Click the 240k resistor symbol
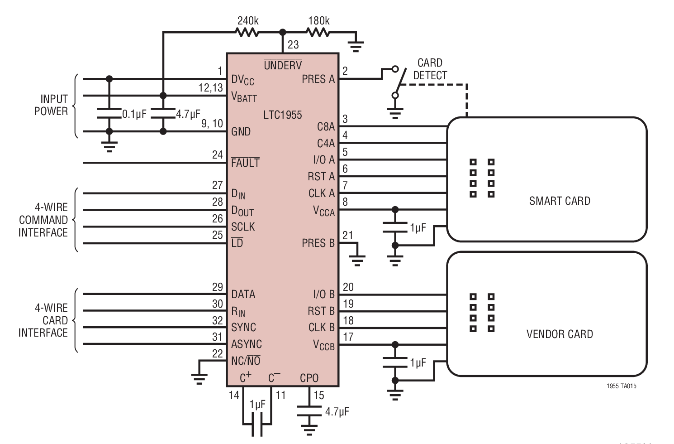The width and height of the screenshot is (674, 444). [247, 32]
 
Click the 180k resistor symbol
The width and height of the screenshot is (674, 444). [318, 32]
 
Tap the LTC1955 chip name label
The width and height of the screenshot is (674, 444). [282, 115]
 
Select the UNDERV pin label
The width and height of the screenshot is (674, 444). [283, 66]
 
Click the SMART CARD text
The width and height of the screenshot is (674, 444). [560, 201]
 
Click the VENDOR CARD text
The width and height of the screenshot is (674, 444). [560, 334]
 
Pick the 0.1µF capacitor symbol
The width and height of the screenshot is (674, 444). [109, 113]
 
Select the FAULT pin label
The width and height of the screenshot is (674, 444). [245, 163]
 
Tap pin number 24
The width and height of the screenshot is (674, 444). [218, 155]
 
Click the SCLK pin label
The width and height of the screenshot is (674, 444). [243, 227]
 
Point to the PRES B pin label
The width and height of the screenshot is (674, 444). [318, 243]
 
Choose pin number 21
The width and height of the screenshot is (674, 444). [347, 235]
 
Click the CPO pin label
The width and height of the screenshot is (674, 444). [309, 378]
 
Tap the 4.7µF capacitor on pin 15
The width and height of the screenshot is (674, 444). [309, 411]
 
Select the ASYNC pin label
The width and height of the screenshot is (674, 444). [247, 344]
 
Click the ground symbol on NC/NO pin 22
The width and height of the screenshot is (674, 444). [199, 377]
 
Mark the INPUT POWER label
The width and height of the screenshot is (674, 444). [51, 105]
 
